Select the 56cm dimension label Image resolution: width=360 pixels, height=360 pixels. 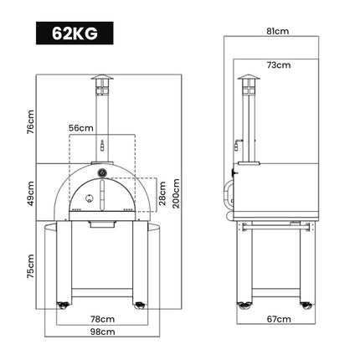pyautogui.click(x=81, y=128)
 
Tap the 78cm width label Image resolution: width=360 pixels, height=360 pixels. pyautogui.click(x=101, y=319)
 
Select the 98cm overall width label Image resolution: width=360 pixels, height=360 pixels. pyautogui.click(x=101, y=332)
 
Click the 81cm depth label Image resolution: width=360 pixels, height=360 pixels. pyautogui.click(x=277, y=31)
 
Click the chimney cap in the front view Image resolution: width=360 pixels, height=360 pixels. pyautogui.click(x=101, y=83)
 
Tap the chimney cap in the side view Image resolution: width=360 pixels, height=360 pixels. pyautogui.click(x=246, y=83)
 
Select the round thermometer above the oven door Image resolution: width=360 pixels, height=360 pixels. pyautogui.click(x=101, y=173)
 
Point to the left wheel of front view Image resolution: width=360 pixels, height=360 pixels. pyautogui.click(x=61, y=303)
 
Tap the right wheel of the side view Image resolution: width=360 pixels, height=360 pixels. pyautogui.click(x=315, y=303)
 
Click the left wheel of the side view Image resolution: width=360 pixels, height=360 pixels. pyautogui.click(x=243, y=303)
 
